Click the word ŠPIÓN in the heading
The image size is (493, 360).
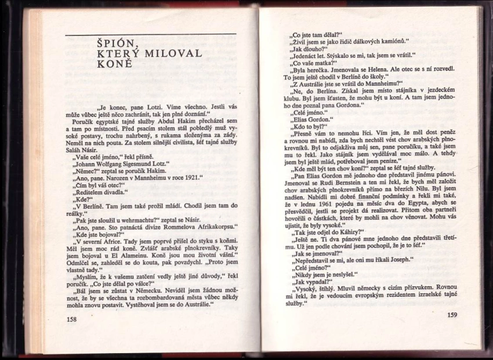114,43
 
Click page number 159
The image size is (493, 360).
451,315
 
